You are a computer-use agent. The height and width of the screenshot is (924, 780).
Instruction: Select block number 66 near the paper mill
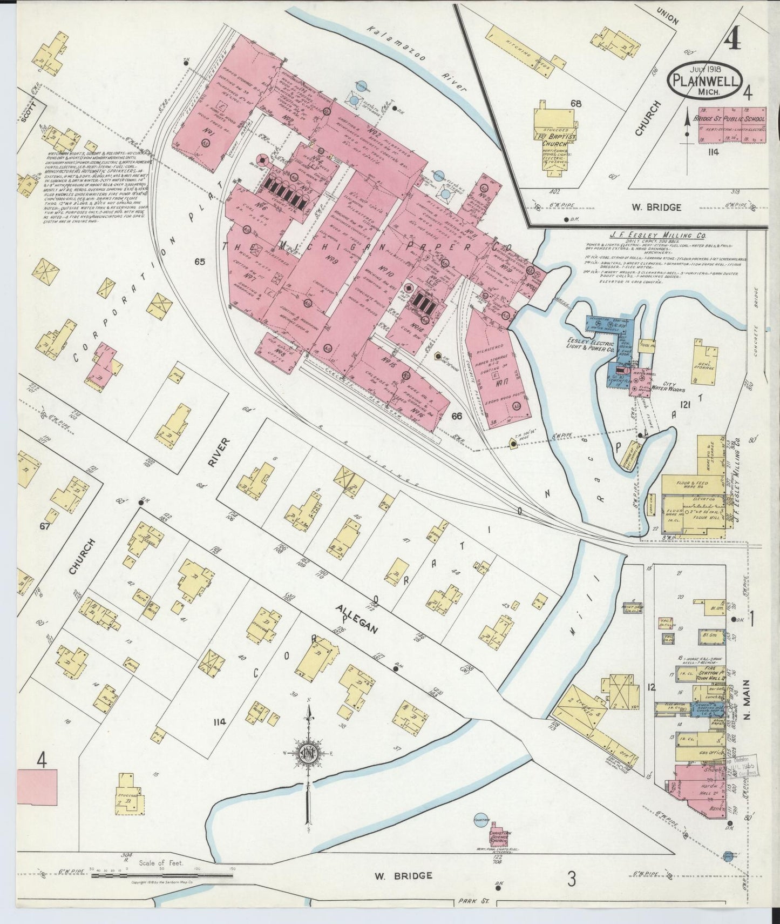457,416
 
